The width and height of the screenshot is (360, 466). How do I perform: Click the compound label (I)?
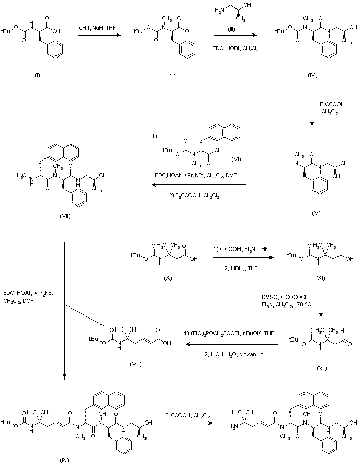(x=37, y=75)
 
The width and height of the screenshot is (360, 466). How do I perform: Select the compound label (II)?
(x=172, y=75)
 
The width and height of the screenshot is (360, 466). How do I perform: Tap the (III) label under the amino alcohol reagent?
(x=235, y=30)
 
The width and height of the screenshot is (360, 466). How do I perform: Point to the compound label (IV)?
(x=312, y=75)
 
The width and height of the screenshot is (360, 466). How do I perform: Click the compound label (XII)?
(x=320, y=368)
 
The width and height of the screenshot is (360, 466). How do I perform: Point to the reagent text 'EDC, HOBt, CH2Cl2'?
(x=235, y=48)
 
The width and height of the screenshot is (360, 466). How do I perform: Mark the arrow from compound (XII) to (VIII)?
(x=230, y=344)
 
